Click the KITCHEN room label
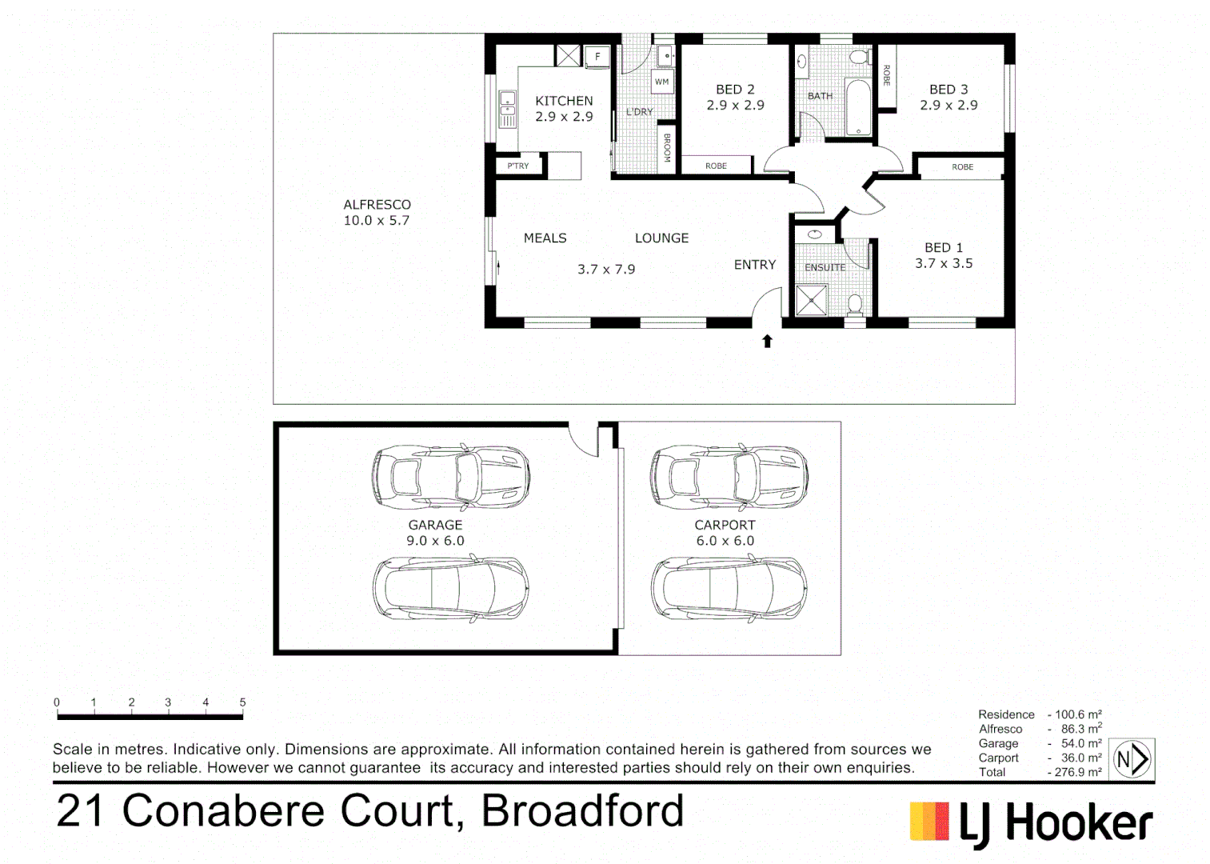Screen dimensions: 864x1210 (564, 101)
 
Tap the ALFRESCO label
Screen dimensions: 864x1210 (377, 205)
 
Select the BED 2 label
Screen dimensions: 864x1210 (735, 90)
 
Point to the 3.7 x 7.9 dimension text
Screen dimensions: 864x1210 (606, 270)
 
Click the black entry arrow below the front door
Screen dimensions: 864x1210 (767, 342)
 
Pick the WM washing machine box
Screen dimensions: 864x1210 (662, 82)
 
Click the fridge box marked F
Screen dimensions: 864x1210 (597, 57)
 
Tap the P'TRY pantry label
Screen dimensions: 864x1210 (517, 166)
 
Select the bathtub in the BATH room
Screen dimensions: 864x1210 (858, 107)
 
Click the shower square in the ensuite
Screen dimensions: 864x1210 (812, 302)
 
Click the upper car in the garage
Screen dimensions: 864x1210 (450, 477)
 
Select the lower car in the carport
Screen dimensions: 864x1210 (729, 589)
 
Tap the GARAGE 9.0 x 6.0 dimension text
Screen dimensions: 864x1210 (435, 541)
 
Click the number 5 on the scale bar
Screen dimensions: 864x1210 (242, 702)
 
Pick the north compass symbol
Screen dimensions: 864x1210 (1132, 758)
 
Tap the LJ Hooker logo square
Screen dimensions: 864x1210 (929, 822)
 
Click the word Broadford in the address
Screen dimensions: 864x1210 (582, 811)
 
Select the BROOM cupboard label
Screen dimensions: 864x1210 (667, 148)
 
